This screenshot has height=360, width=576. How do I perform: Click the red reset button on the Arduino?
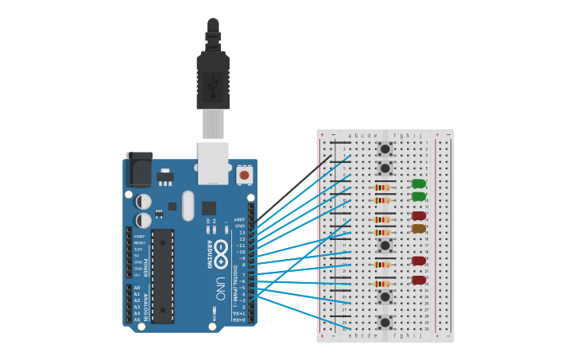tap(245, 175)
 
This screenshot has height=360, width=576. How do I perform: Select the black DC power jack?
tap(140, 169)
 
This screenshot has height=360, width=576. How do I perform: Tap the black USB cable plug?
tap(213, 79)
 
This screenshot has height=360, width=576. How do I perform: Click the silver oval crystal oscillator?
tap(188, 206)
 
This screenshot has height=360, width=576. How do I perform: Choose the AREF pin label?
tap(240, 219)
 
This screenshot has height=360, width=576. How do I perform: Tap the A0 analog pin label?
tap(137, 288)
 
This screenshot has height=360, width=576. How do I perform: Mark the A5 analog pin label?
tap(137, 319)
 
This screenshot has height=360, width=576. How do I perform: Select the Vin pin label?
tap(137, 275)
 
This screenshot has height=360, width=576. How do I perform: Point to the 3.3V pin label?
tap(138, 250)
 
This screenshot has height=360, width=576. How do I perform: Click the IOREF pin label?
tap(139, 236)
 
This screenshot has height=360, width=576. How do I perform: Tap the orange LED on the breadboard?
tap(419, 229)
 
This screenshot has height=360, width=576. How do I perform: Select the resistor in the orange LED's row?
tap(383, 232)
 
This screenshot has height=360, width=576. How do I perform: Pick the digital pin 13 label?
tap(242, 232)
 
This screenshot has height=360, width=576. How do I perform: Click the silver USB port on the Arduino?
tap(213, 161)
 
